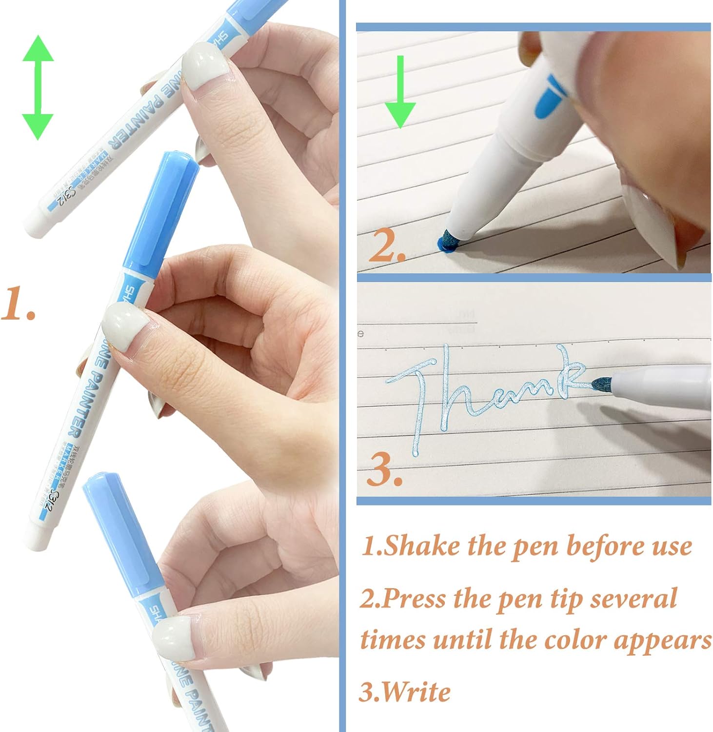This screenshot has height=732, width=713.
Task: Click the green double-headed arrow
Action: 38,88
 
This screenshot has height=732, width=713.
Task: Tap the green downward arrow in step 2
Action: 400,93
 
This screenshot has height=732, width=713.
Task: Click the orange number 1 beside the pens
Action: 18,304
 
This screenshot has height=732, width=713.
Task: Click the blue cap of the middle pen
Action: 161,210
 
